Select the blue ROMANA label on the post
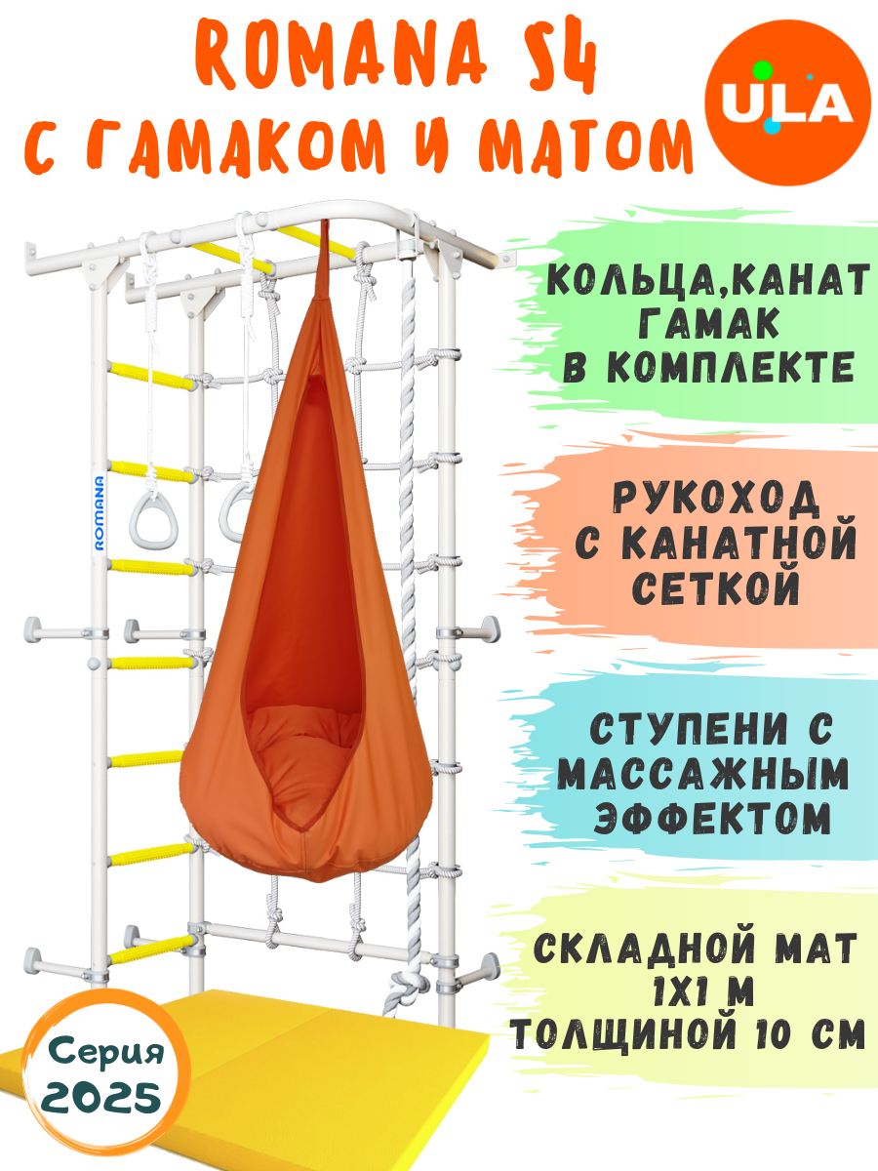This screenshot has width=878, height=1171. pyautogui.click(x=99, y=512)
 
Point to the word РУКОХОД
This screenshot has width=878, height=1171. pyautogui.click(x=716, y=499)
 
